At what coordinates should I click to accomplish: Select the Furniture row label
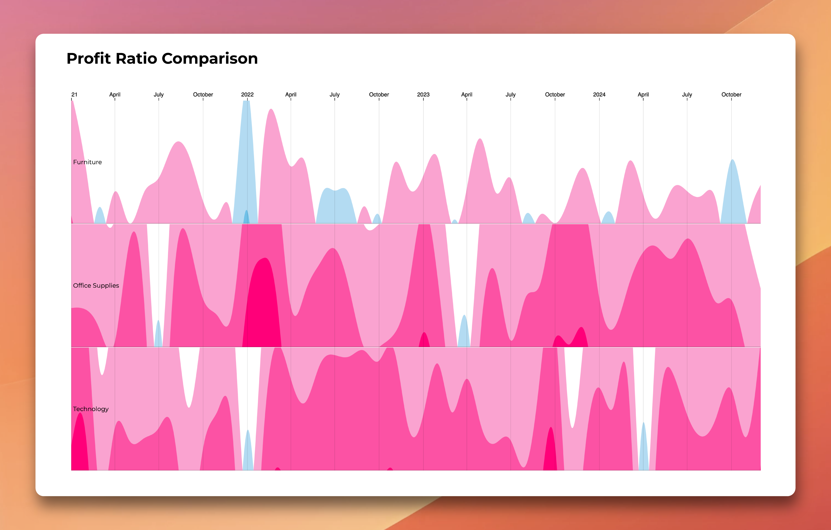tap(87, 162)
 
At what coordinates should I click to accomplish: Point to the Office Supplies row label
tap(96, 286)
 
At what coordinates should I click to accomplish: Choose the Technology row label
tap(91, 409)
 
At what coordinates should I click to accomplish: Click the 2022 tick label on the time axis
tap(247, 95)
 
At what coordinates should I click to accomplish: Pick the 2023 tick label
tap(423, 95)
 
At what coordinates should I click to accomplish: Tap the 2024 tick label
tap(599, 95)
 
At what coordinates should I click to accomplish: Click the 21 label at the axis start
tap(74, 95)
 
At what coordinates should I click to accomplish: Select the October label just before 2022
tap(203, 95)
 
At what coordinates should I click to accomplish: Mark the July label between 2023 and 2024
tap(510, 95)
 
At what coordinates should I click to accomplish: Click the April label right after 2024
tap(643, 95)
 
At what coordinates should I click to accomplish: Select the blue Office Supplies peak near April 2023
tap(464, 331)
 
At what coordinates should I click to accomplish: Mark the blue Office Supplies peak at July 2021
tap(158, 335)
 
